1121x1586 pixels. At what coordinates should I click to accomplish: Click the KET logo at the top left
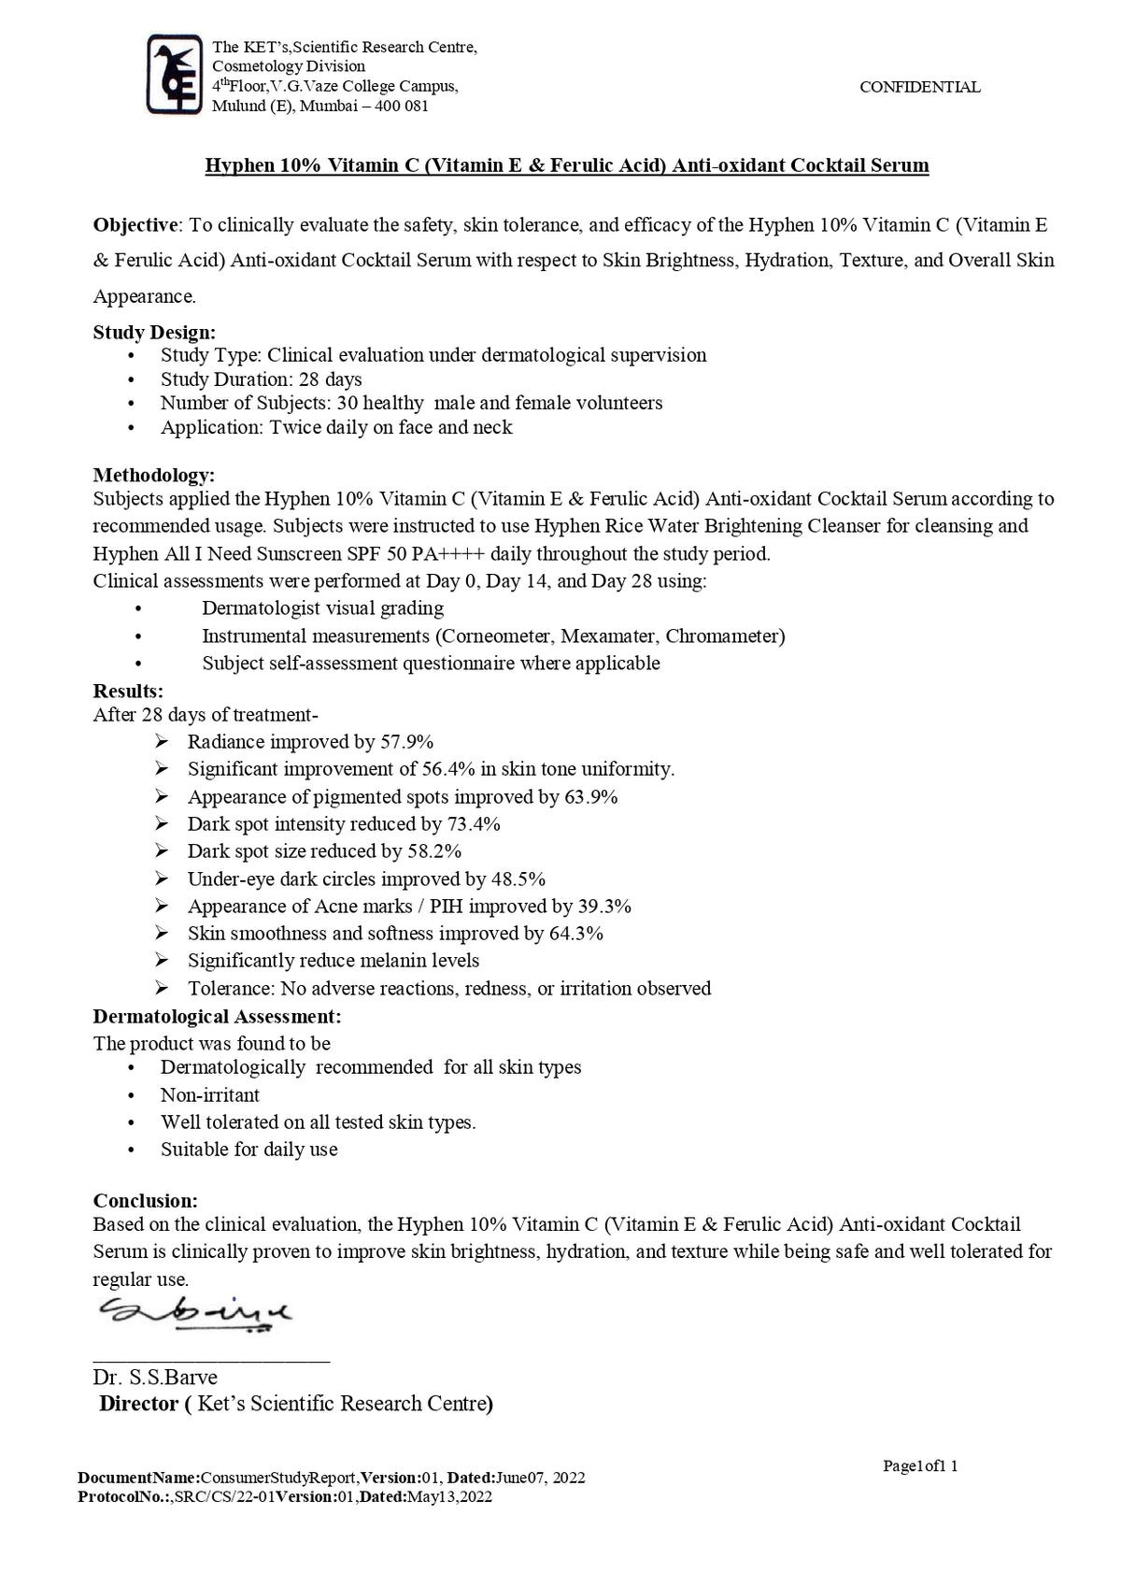click(175, 74)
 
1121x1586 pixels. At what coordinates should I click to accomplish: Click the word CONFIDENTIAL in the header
click(919, 87)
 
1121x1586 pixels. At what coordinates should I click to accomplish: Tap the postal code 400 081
click(402, 106)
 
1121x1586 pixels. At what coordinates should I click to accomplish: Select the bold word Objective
click(136, 225)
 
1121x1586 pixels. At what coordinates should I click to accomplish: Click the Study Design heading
click(154, 332)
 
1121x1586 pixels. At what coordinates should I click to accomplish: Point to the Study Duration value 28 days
click(331, 379)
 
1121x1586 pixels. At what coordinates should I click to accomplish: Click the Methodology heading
click(154, 475)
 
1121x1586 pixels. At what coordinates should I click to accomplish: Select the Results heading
click(128, 692)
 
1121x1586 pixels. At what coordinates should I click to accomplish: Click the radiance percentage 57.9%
click(407, 742)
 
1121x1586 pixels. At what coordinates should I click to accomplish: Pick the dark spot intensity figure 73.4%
click(474, 824)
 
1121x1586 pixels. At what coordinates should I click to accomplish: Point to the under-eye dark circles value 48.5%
click(518, 879)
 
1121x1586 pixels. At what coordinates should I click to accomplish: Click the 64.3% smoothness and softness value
click(576, 934)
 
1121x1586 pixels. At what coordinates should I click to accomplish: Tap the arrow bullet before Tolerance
click(163, 988)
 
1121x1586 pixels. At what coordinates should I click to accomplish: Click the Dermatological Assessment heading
click(217, 1016)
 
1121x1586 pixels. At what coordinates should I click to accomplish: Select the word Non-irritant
click(210, 1095)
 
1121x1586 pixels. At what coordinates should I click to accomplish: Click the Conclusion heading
click(145, 1201)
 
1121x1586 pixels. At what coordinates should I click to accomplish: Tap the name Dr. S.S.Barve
click(155, 1378)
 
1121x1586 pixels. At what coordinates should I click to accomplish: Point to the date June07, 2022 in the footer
click(540, 1478)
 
